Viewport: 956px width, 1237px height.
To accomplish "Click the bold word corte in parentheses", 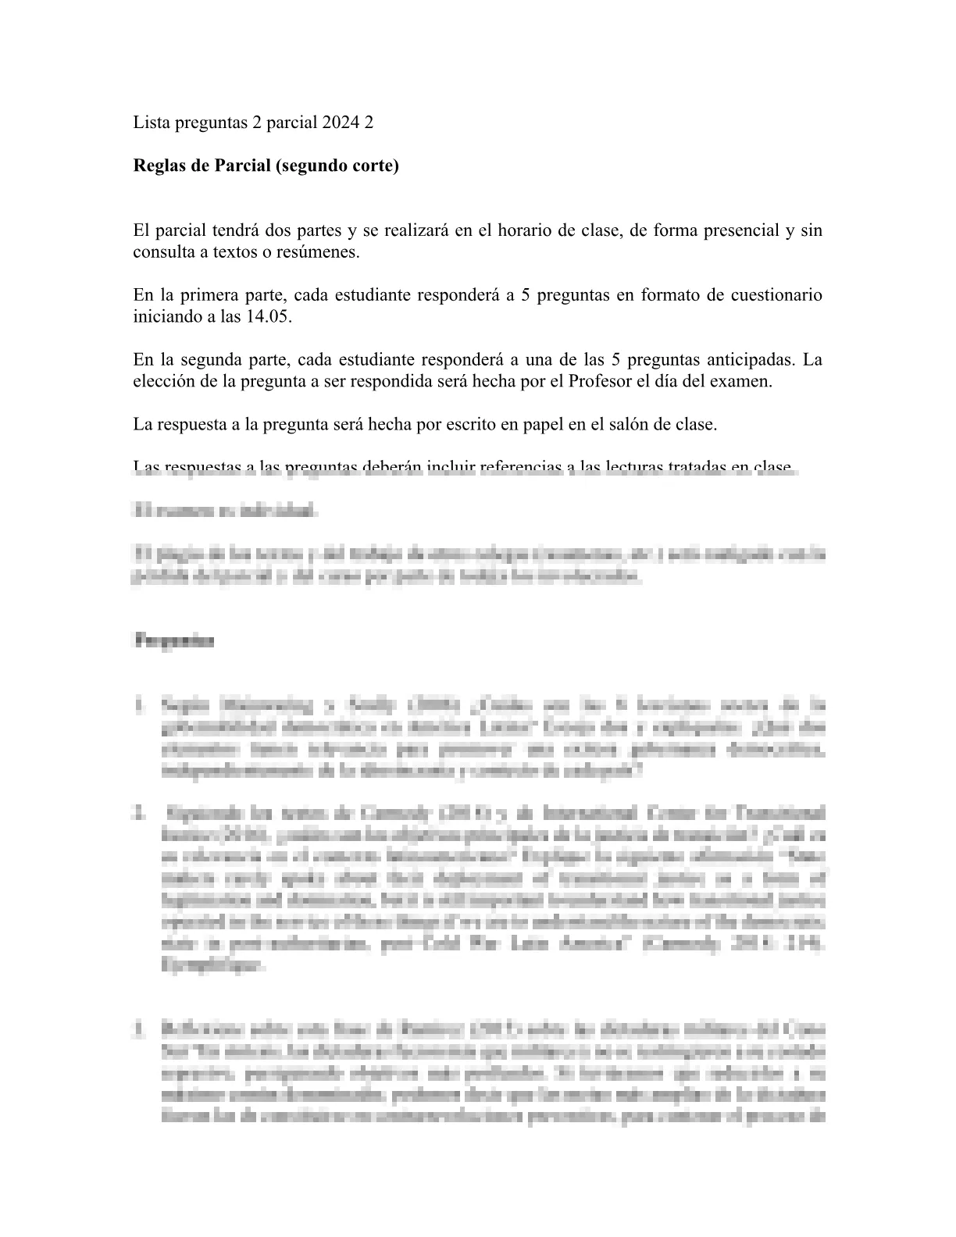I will (373, 166).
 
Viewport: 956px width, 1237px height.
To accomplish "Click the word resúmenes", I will (323, 252).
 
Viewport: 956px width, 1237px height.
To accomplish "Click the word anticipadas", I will (750, 360).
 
